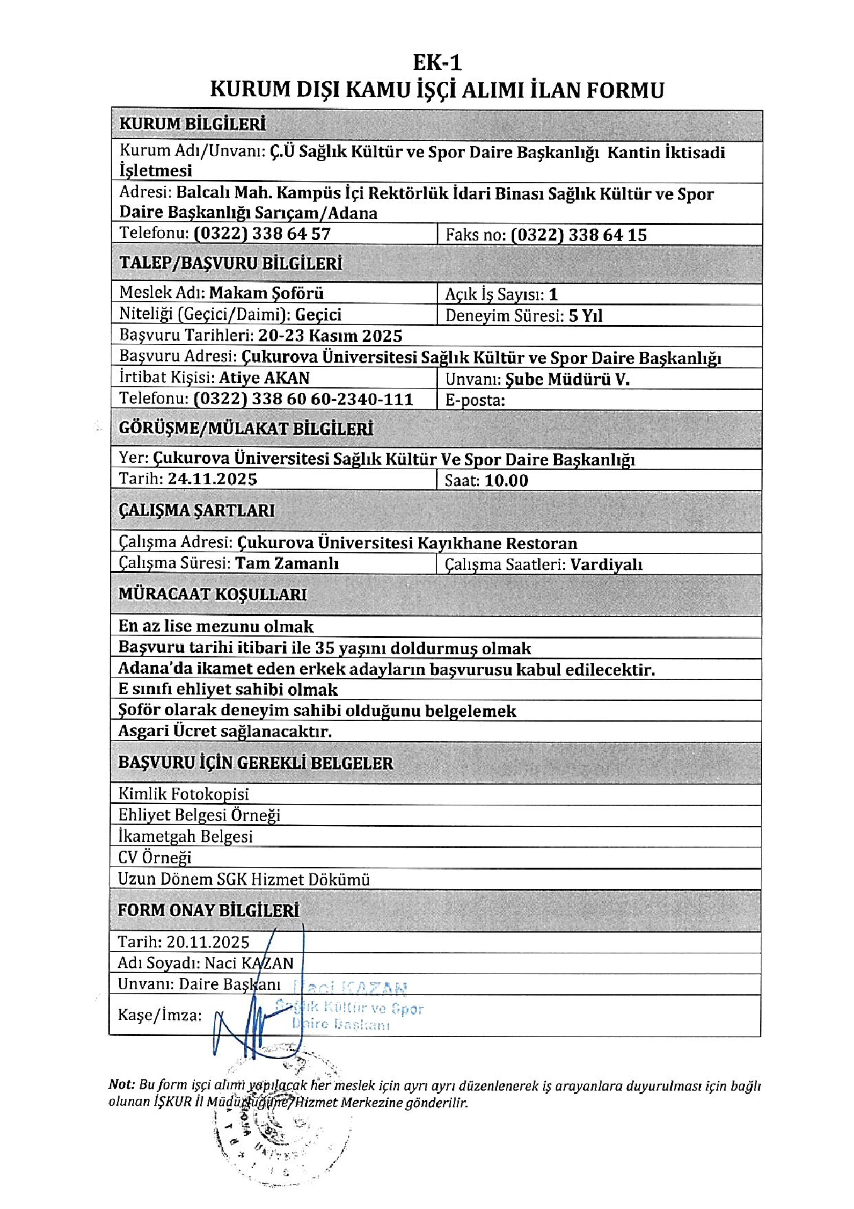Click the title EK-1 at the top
(437, 62)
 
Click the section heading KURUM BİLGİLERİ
(193, 124)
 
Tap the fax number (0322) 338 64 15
(578, 235)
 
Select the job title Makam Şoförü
(266, 293)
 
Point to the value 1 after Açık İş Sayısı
(553, 294)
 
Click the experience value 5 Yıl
(585, 315)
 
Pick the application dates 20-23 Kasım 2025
(330, 336)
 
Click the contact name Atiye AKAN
(264, 378)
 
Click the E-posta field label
(475, 400)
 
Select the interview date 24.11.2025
(212, 479)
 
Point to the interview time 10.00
(506, 481)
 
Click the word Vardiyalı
(606, 565)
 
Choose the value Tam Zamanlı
(286, 563)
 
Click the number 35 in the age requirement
(324, 649)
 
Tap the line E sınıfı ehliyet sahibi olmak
(228, 690)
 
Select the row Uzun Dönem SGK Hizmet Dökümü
(244, 879)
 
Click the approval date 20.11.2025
(208, 942)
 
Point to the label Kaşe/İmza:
(160, 1014)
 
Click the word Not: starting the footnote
(121, 1084)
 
